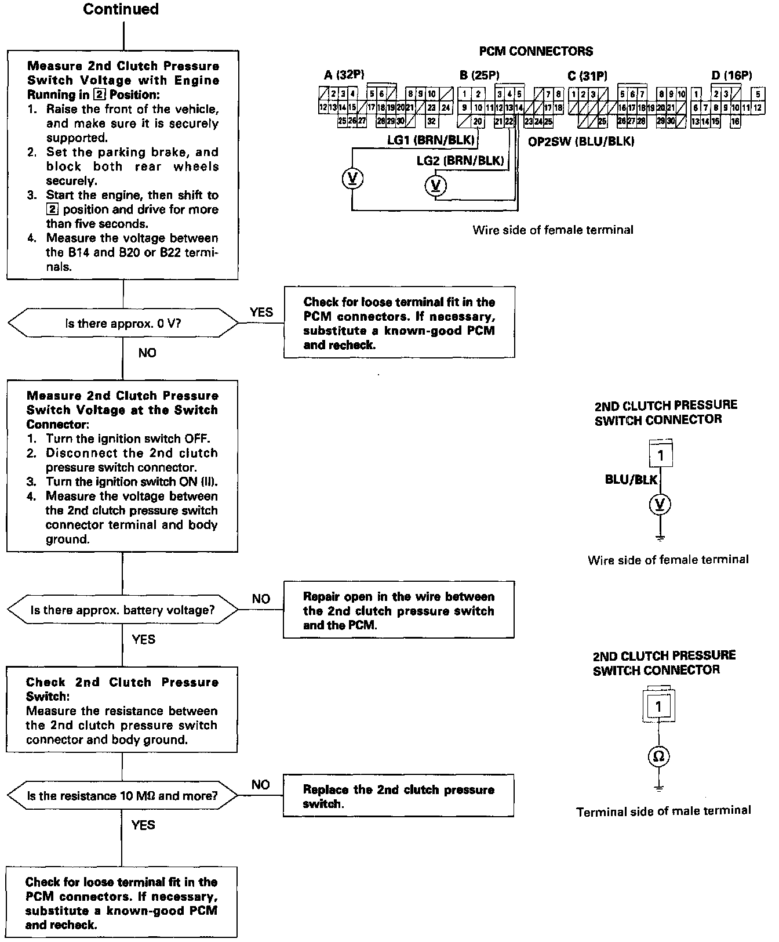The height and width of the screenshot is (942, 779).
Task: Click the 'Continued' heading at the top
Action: pos(121,9)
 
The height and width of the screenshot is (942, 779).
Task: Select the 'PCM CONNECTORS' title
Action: pos(536,52)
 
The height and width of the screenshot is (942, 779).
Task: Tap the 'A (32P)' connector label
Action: pos(344,75)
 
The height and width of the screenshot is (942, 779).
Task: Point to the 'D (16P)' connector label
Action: pos(731,75)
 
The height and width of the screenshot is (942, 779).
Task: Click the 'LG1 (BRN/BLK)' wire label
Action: pos(431,140)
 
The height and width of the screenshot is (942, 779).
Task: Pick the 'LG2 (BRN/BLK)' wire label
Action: pos(460,161)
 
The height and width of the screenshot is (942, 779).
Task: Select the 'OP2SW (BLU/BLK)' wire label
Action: pos(581,142)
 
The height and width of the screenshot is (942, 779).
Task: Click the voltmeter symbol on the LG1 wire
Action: pos(352,179)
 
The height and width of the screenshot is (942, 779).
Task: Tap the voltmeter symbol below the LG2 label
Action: pos(436,186)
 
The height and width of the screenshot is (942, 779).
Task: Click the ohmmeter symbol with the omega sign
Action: pos(659,756)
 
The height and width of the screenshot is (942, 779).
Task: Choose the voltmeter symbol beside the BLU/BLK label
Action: pos(660,504)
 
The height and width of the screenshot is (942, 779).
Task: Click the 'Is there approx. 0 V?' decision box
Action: pos(123,323)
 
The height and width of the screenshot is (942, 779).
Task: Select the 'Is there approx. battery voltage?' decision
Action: pos(122,610)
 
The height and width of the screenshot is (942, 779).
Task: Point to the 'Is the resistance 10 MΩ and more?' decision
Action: pos(122,796)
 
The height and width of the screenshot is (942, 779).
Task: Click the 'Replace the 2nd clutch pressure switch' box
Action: pos(398,796)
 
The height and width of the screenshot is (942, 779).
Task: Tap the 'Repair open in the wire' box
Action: pos(398,611)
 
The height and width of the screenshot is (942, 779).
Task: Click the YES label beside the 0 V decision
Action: pos(261,312)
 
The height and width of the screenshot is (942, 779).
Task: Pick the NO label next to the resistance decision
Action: pos(261,785)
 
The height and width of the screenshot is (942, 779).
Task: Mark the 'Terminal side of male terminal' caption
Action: pos(663,811)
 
